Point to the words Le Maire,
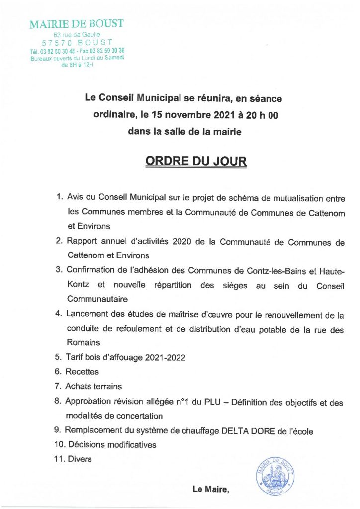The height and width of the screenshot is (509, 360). coord(211,490)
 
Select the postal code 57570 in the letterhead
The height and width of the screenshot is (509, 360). coord(60,43)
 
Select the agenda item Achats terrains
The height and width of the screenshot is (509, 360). coord(93,386)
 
